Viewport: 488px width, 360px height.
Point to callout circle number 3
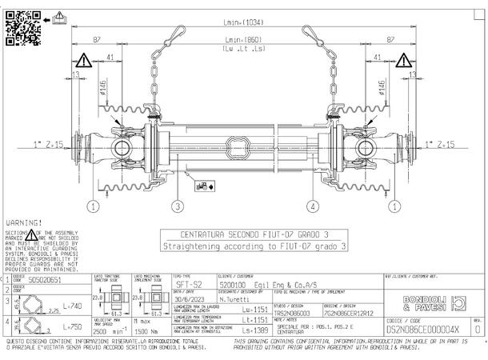click(x=178, y=206)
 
